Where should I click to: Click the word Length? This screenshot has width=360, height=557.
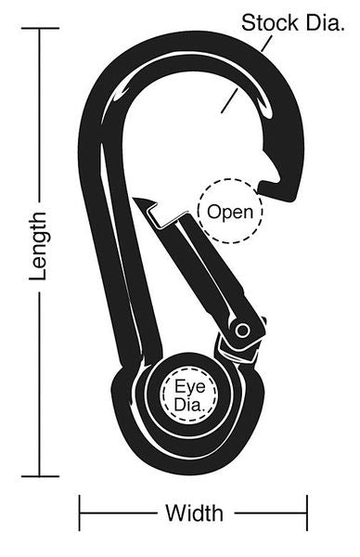click(x=38, y=247)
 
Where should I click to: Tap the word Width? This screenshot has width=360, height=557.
click(x=195, y=513)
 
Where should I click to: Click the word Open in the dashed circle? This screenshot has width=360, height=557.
click(x=230, y=212)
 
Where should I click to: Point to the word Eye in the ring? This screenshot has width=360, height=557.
click(x=190, y=386)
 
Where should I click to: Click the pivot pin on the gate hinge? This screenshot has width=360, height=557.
click(x=242, y=330)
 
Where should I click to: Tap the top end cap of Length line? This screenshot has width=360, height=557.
click(x=40, y=28)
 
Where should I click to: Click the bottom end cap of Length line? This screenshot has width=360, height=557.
click(x=40, y=476)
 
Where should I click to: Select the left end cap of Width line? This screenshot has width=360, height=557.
click(x=80, y=513)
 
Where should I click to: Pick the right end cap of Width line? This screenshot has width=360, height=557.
click(x=307, y=513)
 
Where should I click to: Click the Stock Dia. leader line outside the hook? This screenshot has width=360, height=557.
click(x=266, y=44)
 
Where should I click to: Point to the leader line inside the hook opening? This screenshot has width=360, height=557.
click(x=229, y=100)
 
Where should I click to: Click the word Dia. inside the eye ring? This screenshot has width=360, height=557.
click(x=189, y=406)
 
